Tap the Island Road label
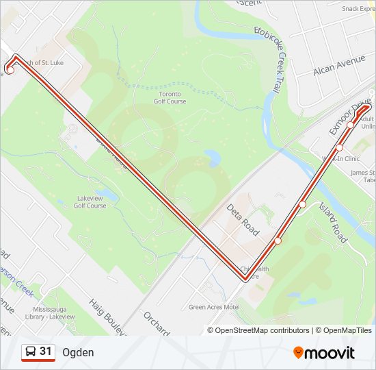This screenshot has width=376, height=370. pos(333,224)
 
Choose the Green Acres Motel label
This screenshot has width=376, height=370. pos(214,307)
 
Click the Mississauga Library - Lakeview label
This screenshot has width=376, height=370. pos(53,312)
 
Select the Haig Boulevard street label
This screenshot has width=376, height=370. pos(107,317)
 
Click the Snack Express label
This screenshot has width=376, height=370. pos(358,9)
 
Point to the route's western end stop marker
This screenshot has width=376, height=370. pos(10,70)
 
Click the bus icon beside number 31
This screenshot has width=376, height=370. pos(31,352)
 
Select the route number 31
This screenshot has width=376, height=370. pos(46,351)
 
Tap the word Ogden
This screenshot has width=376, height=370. pos(78,352)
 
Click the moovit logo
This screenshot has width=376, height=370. pos(324,353)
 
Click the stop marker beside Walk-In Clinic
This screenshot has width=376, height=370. pos(339,147)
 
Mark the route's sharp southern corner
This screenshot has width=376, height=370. pos(245,279)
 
